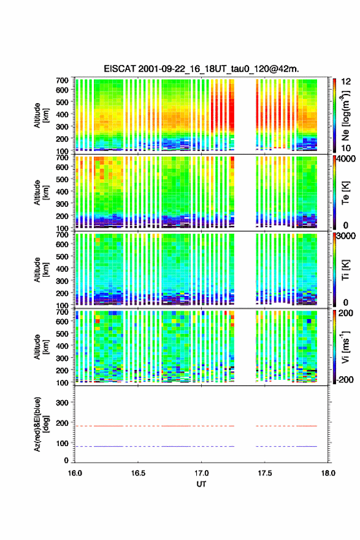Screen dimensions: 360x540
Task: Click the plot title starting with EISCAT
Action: [x=201, y=69]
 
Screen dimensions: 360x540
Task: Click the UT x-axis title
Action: [x=201, y=484]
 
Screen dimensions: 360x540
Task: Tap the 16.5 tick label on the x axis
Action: [x=138, y=473]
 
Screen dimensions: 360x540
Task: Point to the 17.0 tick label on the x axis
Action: [x=201, y=473]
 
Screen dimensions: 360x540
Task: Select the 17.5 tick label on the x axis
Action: [x=265, y=473]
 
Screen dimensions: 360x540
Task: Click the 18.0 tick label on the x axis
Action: [x=328, y=473]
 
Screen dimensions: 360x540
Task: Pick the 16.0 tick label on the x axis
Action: [x=75, y=473]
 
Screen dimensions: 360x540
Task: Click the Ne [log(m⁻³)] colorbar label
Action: [x=345, y=115]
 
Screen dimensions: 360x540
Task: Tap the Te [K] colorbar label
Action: [x=345, y=193]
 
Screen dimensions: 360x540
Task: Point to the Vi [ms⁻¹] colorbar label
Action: [x=345, y=347]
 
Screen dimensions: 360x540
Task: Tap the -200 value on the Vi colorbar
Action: [x=345, y=380]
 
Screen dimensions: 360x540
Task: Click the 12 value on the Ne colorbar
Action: [x=347, y=82]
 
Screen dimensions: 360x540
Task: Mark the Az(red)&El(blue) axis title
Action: [x=41, y=424]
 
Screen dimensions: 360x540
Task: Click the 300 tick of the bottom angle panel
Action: [x=62, y=403]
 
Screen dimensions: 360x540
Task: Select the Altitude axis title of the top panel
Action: [x=41, y=115]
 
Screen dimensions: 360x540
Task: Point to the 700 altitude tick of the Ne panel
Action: [x=62, y=80]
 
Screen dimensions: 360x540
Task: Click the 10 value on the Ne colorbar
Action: [x=347, y=148]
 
